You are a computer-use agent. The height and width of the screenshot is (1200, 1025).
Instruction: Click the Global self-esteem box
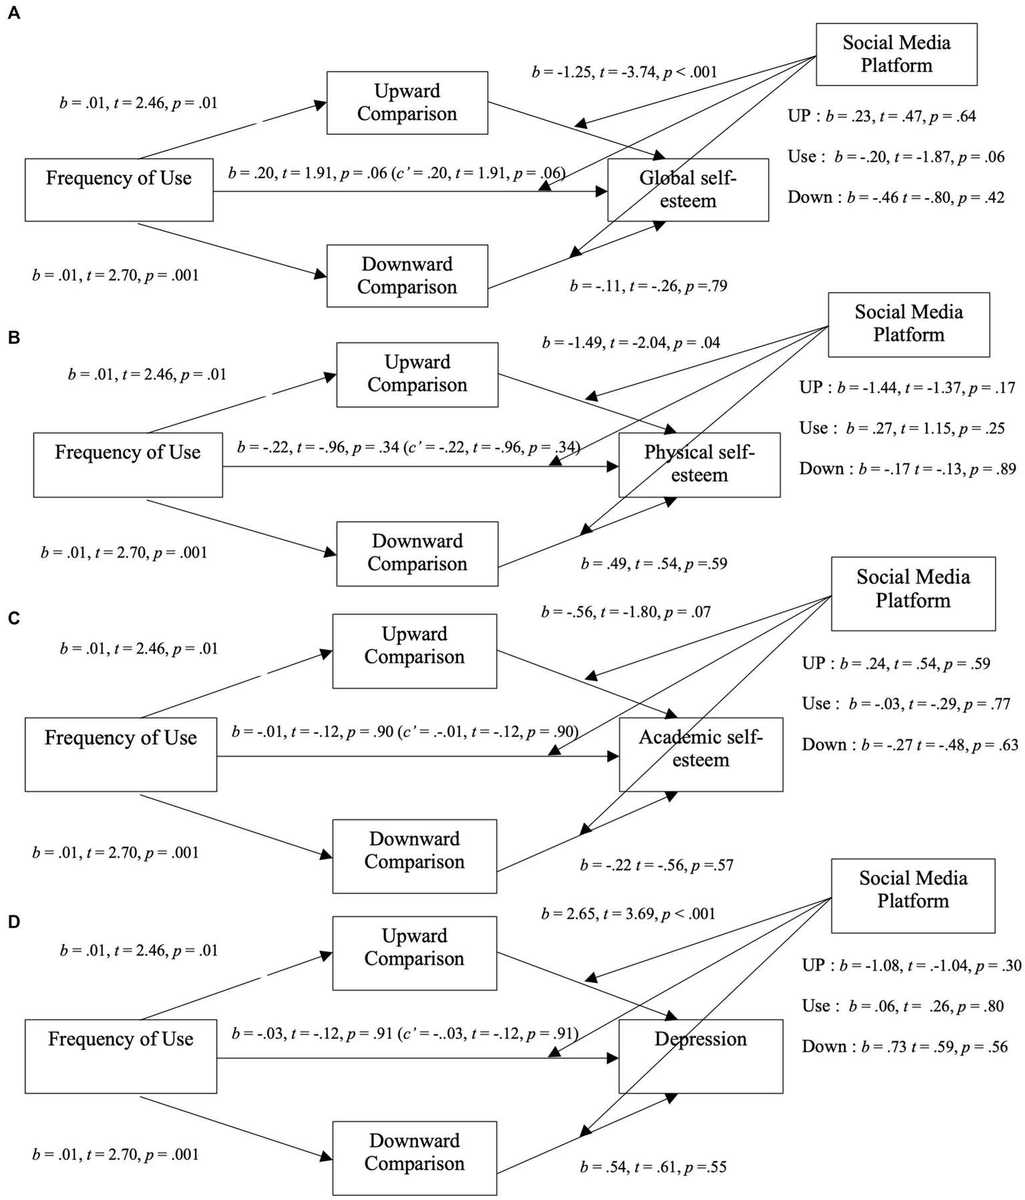tap(688, 190)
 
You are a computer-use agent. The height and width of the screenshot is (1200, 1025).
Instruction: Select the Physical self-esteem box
tap(699, 464)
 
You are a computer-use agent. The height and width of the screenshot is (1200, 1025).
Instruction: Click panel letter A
tap(14, 14)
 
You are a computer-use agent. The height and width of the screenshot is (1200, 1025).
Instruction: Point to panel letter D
tap(14, 922)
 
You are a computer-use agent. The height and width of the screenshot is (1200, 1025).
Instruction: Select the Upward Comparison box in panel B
tap(417, 374)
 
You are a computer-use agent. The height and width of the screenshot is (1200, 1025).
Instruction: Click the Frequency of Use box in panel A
tap(119, 189)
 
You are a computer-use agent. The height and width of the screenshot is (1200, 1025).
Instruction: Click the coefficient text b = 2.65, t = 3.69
tap(628, 914)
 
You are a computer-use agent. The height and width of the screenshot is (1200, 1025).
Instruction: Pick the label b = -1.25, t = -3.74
tap(624, 72)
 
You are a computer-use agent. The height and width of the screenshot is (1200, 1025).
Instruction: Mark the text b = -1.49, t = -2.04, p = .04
tap(631, 343)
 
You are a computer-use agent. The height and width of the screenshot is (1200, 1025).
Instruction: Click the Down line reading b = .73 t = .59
tap(905, 1047)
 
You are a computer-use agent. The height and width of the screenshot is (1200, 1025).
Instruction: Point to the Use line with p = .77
tap(906, 704)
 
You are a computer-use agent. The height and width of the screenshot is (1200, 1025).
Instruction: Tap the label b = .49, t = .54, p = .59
tap(654, 564)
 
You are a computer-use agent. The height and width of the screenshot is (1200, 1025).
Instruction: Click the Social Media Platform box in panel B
tap(908, 324)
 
